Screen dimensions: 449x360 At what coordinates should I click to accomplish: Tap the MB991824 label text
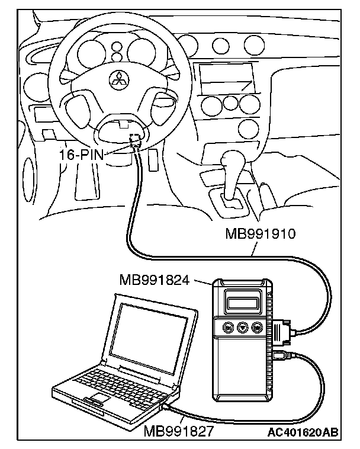click(154, 279)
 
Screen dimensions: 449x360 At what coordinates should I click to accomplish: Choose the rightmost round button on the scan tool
click(257, 326)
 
